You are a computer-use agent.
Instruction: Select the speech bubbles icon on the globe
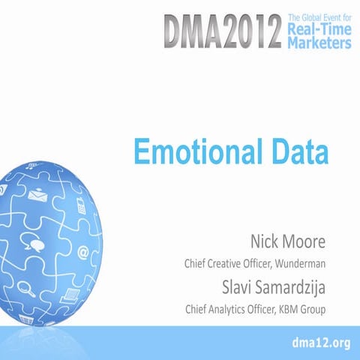[34, 242]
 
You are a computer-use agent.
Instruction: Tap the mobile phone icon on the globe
[81, 204]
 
